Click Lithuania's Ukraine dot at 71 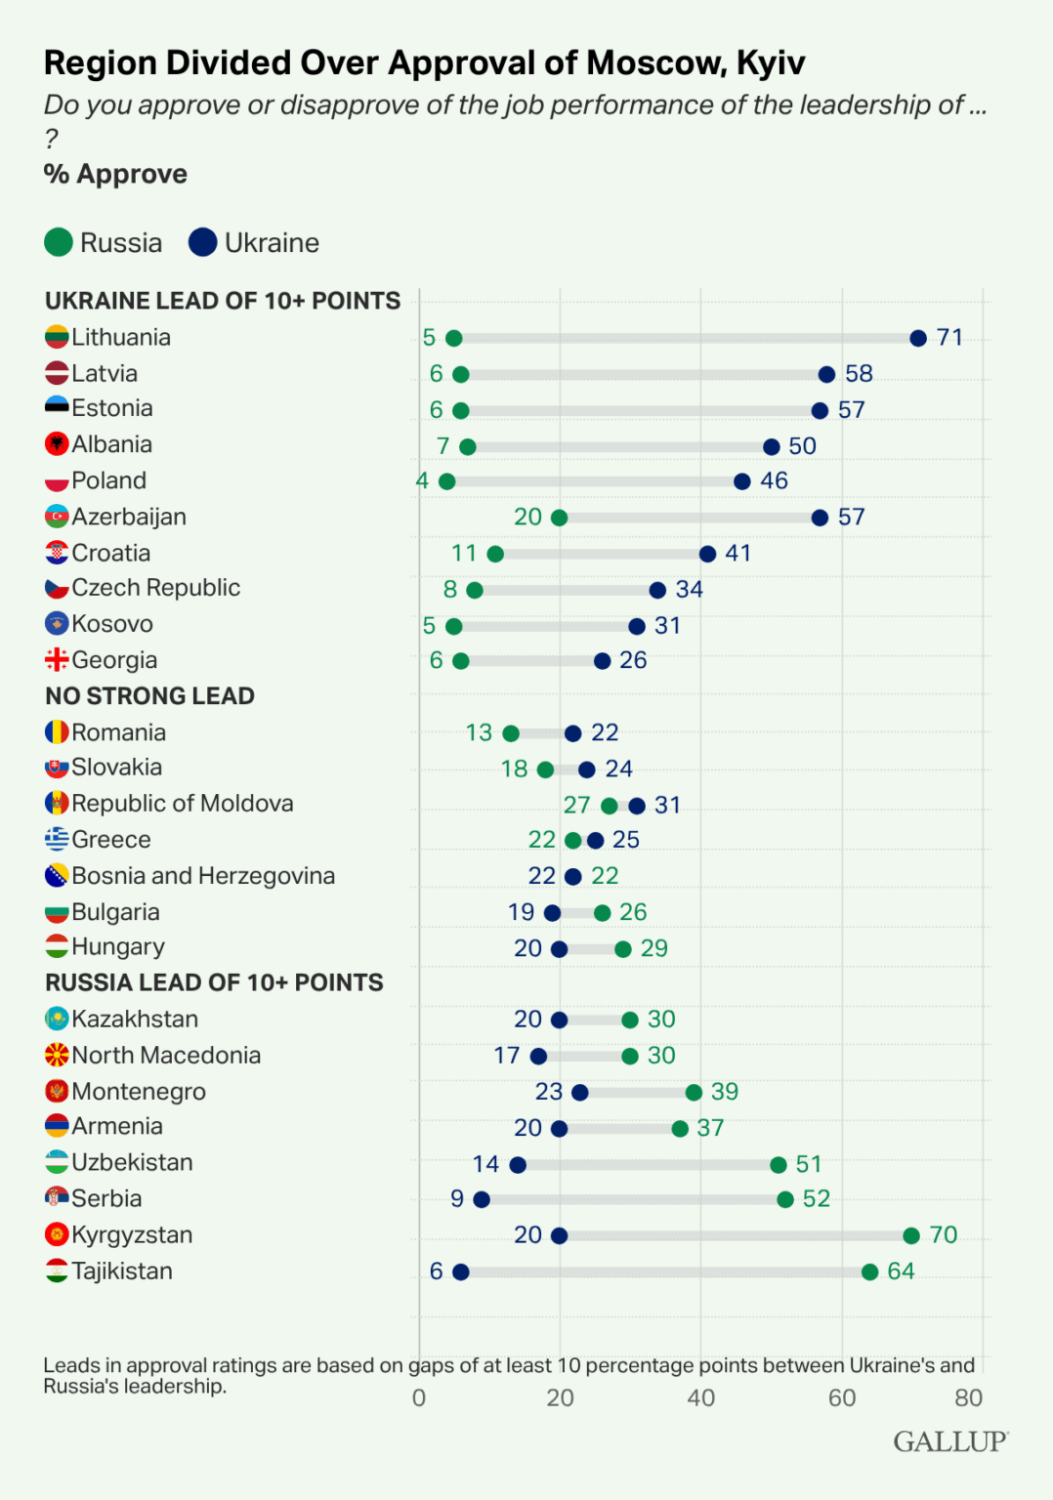(x=917, y=338)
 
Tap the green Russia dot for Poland (x=446, y=481)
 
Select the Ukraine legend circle (x=203, y=242)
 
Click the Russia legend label (x=121, y=242)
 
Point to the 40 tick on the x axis (x=700, y=1397)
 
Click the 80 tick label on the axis (x=968, y=1397)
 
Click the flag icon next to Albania (x=57, y=444)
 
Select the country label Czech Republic (x=155, y=588)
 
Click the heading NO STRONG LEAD (x=149, y=696)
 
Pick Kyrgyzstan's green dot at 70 (x=910, y=1235)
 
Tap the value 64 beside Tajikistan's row (x=900, y=1271)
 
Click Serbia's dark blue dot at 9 (x=482, y=1199)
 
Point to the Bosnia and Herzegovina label (x=202, y=876)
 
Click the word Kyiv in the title (x=770, y=62)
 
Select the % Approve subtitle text (x=115, y=174)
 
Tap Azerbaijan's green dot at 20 (x=559, y=518)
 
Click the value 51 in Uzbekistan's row (x=808, y=1164)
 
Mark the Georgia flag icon (x=57, y=660)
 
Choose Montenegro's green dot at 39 (x=694, y=1092)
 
